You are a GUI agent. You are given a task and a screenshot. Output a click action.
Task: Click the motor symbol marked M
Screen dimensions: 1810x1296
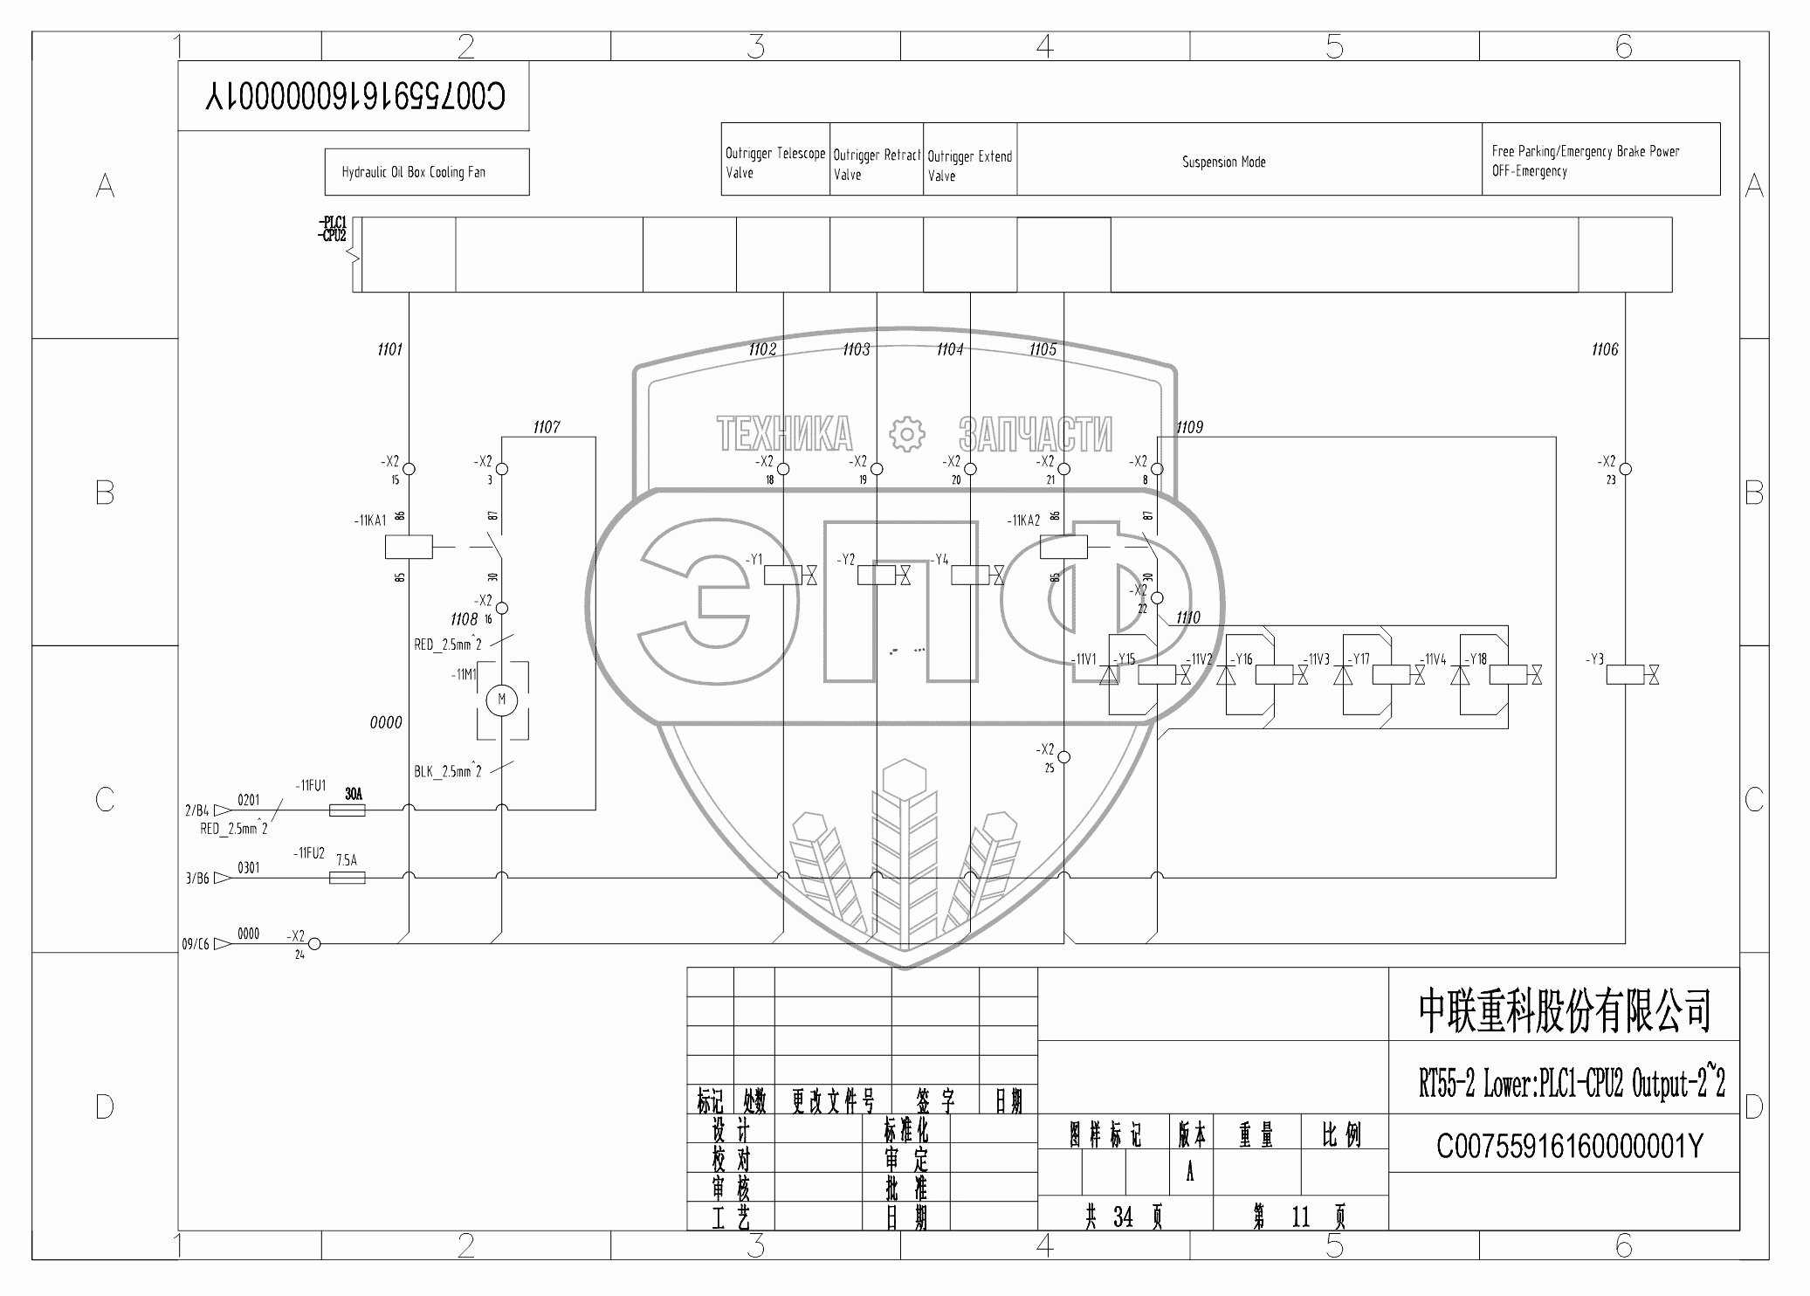[501, 699]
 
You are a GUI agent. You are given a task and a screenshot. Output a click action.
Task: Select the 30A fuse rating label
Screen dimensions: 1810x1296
[354, 794]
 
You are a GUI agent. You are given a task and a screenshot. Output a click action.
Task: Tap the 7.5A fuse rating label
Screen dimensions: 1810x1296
[347, 860]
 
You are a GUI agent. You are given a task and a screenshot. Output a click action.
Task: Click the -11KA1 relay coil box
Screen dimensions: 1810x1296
[408, 548]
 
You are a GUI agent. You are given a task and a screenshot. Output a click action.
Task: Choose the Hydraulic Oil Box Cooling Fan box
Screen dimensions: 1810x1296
[426, 172]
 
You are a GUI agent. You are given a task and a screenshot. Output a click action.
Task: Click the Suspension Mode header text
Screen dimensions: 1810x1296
[1223, 162]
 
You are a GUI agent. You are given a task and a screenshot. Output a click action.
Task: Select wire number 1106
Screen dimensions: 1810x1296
[1604, 349]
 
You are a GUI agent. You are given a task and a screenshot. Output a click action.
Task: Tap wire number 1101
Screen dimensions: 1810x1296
[389, 349]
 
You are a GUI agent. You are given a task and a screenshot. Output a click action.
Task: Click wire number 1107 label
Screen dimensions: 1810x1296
[546, 427]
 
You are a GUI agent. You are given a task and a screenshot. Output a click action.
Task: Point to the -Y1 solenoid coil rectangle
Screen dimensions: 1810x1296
[782, 576]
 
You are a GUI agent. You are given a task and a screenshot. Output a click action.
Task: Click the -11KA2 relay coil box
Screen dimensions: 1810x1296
[1063, 548]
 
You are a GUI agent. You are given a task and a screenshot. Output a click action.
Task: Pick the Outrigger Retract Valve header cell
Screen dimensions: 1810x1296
[876, 163]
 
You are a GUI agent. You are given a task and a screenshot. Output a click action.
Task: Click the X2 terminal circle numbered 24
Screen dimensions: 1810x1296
[315, 943]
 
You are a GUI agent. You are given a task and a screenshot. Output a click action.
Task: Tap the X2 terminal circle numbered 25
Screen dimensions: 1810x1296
[1063, 757]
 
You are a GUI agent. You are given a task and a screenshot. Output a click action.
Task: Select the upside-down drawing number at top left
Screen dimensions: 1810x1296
[354, 96]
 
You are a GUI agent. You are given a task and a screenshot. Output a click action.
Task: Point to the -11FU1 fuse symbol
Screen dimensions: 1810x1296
[347, 810]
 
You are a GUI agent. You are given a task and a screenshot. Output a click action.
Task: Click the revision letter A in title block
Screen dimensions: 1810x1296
[1190, 1173]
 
